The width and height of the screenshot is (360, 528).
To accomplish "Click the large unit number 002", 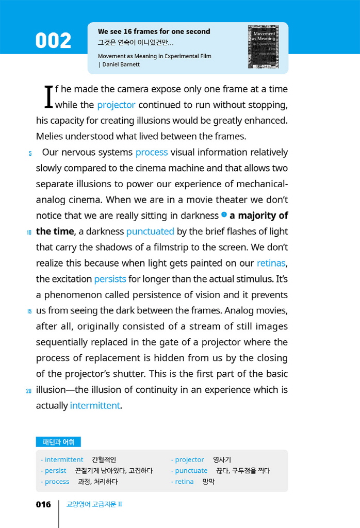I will pyautogui.click(x=53, y=41).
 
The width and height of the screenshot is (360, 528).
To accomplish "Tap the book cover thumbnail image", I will pyautogui.click(x=263, y=47).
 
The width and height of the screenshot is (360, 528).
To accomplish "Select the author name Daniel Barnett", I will pyautogui.click(x=121, y=64).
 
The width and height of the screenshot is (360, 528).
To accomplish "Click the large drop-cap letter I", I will pyautogui.click(x=48, y=97).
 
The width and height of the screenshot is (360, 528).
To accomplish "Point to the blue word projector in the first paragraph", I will pyautogui.click(x=116, y=105).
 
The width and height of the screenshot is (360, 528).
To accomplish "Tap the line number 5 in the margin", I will pyautogui.click(x=30, y=153).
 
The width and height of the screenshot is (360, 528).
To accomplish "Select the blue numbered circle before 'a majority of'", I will pyautogui.click(x=224, y=214).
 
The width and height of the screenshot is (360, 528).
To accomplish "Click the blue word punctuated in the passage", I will pyautogui.click(x=150, y=232).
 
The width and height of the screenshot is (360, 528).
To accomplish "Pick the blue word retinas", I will pyautogui.click(x=271, y=263).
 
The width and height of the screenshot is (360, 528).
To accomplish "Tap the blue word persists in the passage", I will pyautogui.click(x=110, y=279).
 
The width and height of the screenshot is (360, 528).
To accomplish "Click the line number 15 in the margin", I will pyautogui.click(x=29, y=311).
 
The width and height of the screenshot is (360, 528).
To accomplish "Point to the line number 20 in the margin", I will pyautogui.click(x=29, y=390).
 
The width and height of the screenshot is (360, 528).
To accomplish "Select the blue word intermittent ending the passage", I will pyautogui.click(x=95, y=405).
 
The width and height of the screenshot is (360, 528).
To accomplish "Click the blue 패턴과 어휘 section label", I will pyautogui.click(x=58, y=442).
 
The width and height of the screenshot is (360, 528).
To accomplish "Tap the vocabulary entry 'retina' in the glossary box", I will pyautogui.click(x=184, y=482).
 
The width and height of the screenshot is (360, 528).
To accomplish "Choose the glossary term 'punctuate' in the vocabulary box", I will pyautogui.click(x=191, y=470).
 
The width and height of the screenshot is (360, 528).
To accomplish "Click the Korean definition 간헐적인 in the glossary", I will pyautogui.click(x=104, y=459).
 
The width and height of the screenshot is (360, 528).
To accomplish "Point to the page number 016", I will pyautogui.click(x=43, y=504).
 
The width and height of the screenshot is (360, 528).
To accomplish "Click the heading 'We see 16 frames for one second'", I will pyautogui.click(x=154, y=31).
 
